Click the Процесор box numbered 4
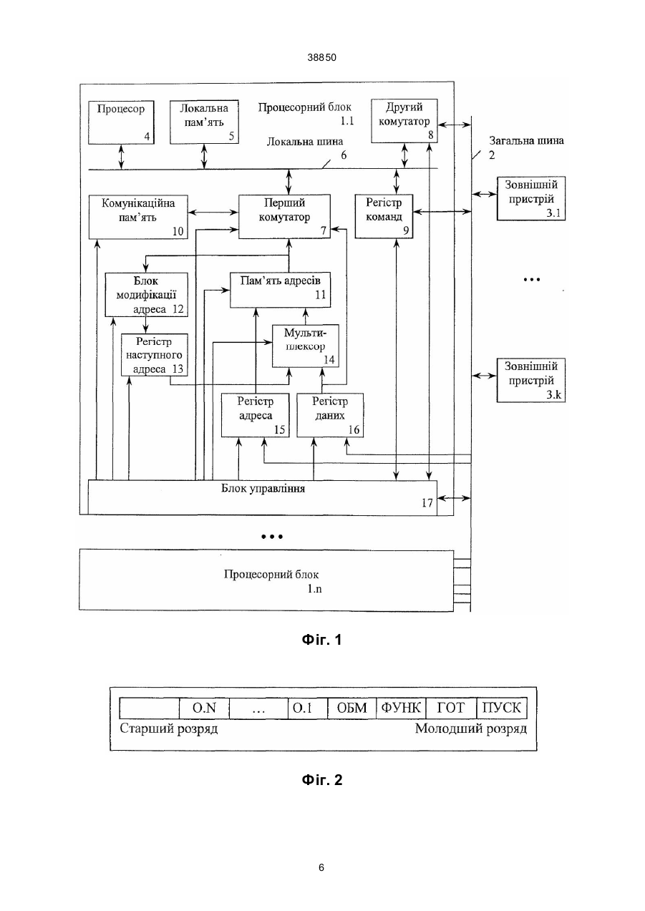tap(121, 122)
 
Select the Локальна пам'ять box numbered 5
tap(204, 122)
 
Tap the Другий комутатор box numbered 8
tap(404, 121)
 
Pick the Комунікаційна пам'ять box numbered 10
tap(138, 217)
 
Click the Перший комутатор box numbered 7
tap(284, 216)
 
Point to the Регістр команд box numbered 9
tap(384, 216)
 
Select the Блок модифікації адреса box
tap(147, 294)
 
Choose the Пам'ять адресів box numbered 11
tap(281, 290)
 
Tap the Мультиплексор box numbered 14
tap(306, 346)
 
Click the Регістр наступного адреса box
tap(155, 355)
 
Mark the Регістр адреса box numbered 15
tap(256, 415)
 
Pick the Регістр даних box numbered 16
tap(331, 415)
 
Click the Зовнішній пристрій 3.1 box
tap(531, 198)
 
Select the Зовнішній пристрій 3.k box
tap(531, 380)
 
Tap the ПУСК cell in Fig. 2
tap(501, 708)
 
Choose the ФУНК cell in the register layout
tap(401, 708)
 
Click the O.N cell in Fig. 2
tap(204, 708)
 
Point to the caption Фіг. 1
tap(321, 640)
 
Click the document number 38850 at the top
tap(322, 57)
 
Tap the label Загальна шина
tap(526, 141)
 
